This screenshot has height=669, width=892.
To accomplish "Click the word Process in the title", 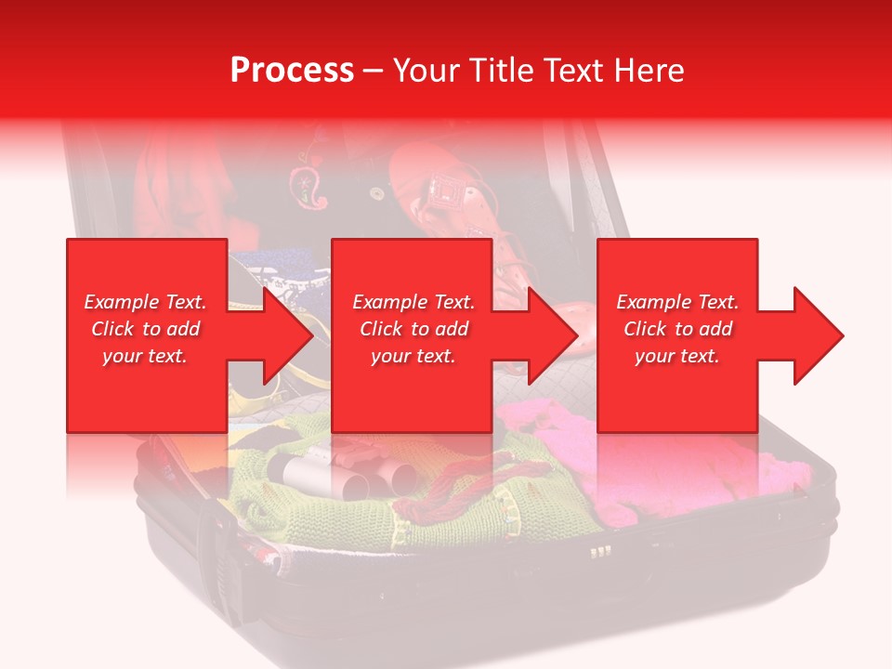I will click(292, 71).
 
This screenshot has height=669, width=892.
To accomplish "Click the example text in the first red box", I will click(145, 329).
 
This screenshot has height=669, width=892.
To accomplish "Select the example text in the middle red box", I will click(413, 329).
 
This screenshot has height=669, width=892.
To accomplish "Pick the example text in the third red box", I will click(677, 329).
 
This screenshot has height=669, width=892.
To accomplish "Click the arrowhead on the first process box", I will click(283, 335).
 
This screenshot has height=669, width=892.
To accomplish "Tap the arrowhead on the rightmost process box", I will click(815, 335).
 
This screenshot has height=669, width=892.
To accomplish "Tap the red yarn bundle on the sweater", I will click(446, 492).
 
